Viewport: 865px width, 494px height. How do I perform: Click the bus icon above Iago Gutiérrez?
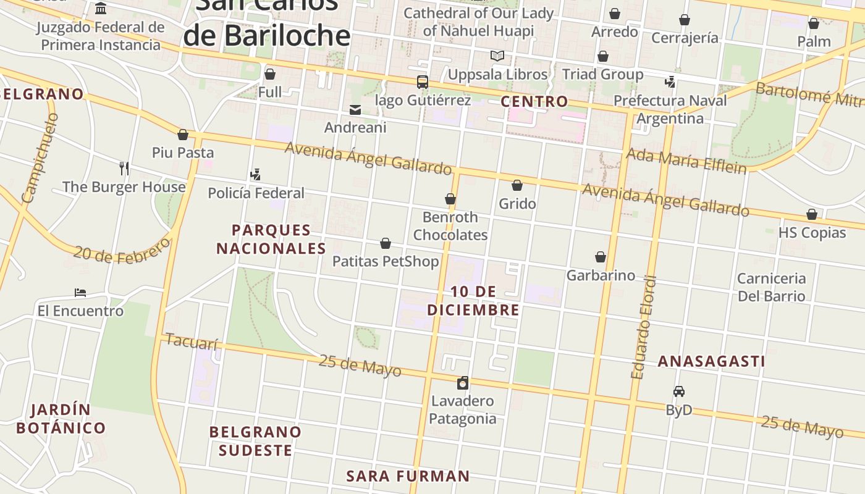point(423,82)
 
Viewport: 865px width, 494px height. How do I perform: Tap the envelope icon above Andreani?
point(355,110)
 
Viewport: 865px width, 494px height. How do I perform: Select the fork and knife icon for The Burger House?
point(124,168)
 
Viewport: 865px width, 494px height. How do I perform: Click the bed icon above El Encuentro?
point(80,293)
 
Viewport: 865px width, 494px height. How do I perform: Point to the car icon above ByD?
point(679,391)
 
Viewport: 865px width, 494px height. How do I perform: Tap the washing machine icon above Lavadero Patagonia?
point(463,383)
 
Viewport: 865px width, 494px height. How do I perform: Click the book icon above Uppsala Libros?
point(497,56)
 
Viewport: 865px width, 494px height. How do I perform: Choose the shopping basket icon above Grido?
point(517,185)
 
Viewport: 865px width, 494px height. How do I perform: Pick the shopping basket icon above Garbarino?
point(601,257)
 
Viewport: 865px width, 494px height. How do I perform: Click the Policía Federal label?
point(256,193)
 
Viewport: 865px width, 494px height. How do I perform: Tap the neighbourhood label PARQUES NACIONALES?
point(271,239)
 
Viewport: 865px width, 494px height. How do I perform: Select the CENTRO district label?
point(534,101)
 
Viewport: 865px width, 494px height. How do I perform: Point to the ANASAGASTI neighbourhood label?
point(711,361)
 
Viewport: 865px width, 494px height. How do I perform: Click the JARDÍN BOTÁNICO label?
point(61,419)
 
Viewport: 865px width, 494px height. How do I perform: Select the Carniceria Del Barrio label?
point(772,287)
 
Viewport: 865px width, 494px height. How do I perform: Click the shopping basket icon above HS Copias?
point(812,214)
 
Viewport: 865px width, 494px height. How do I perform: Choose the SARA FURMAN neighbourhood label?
point(408,476)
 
